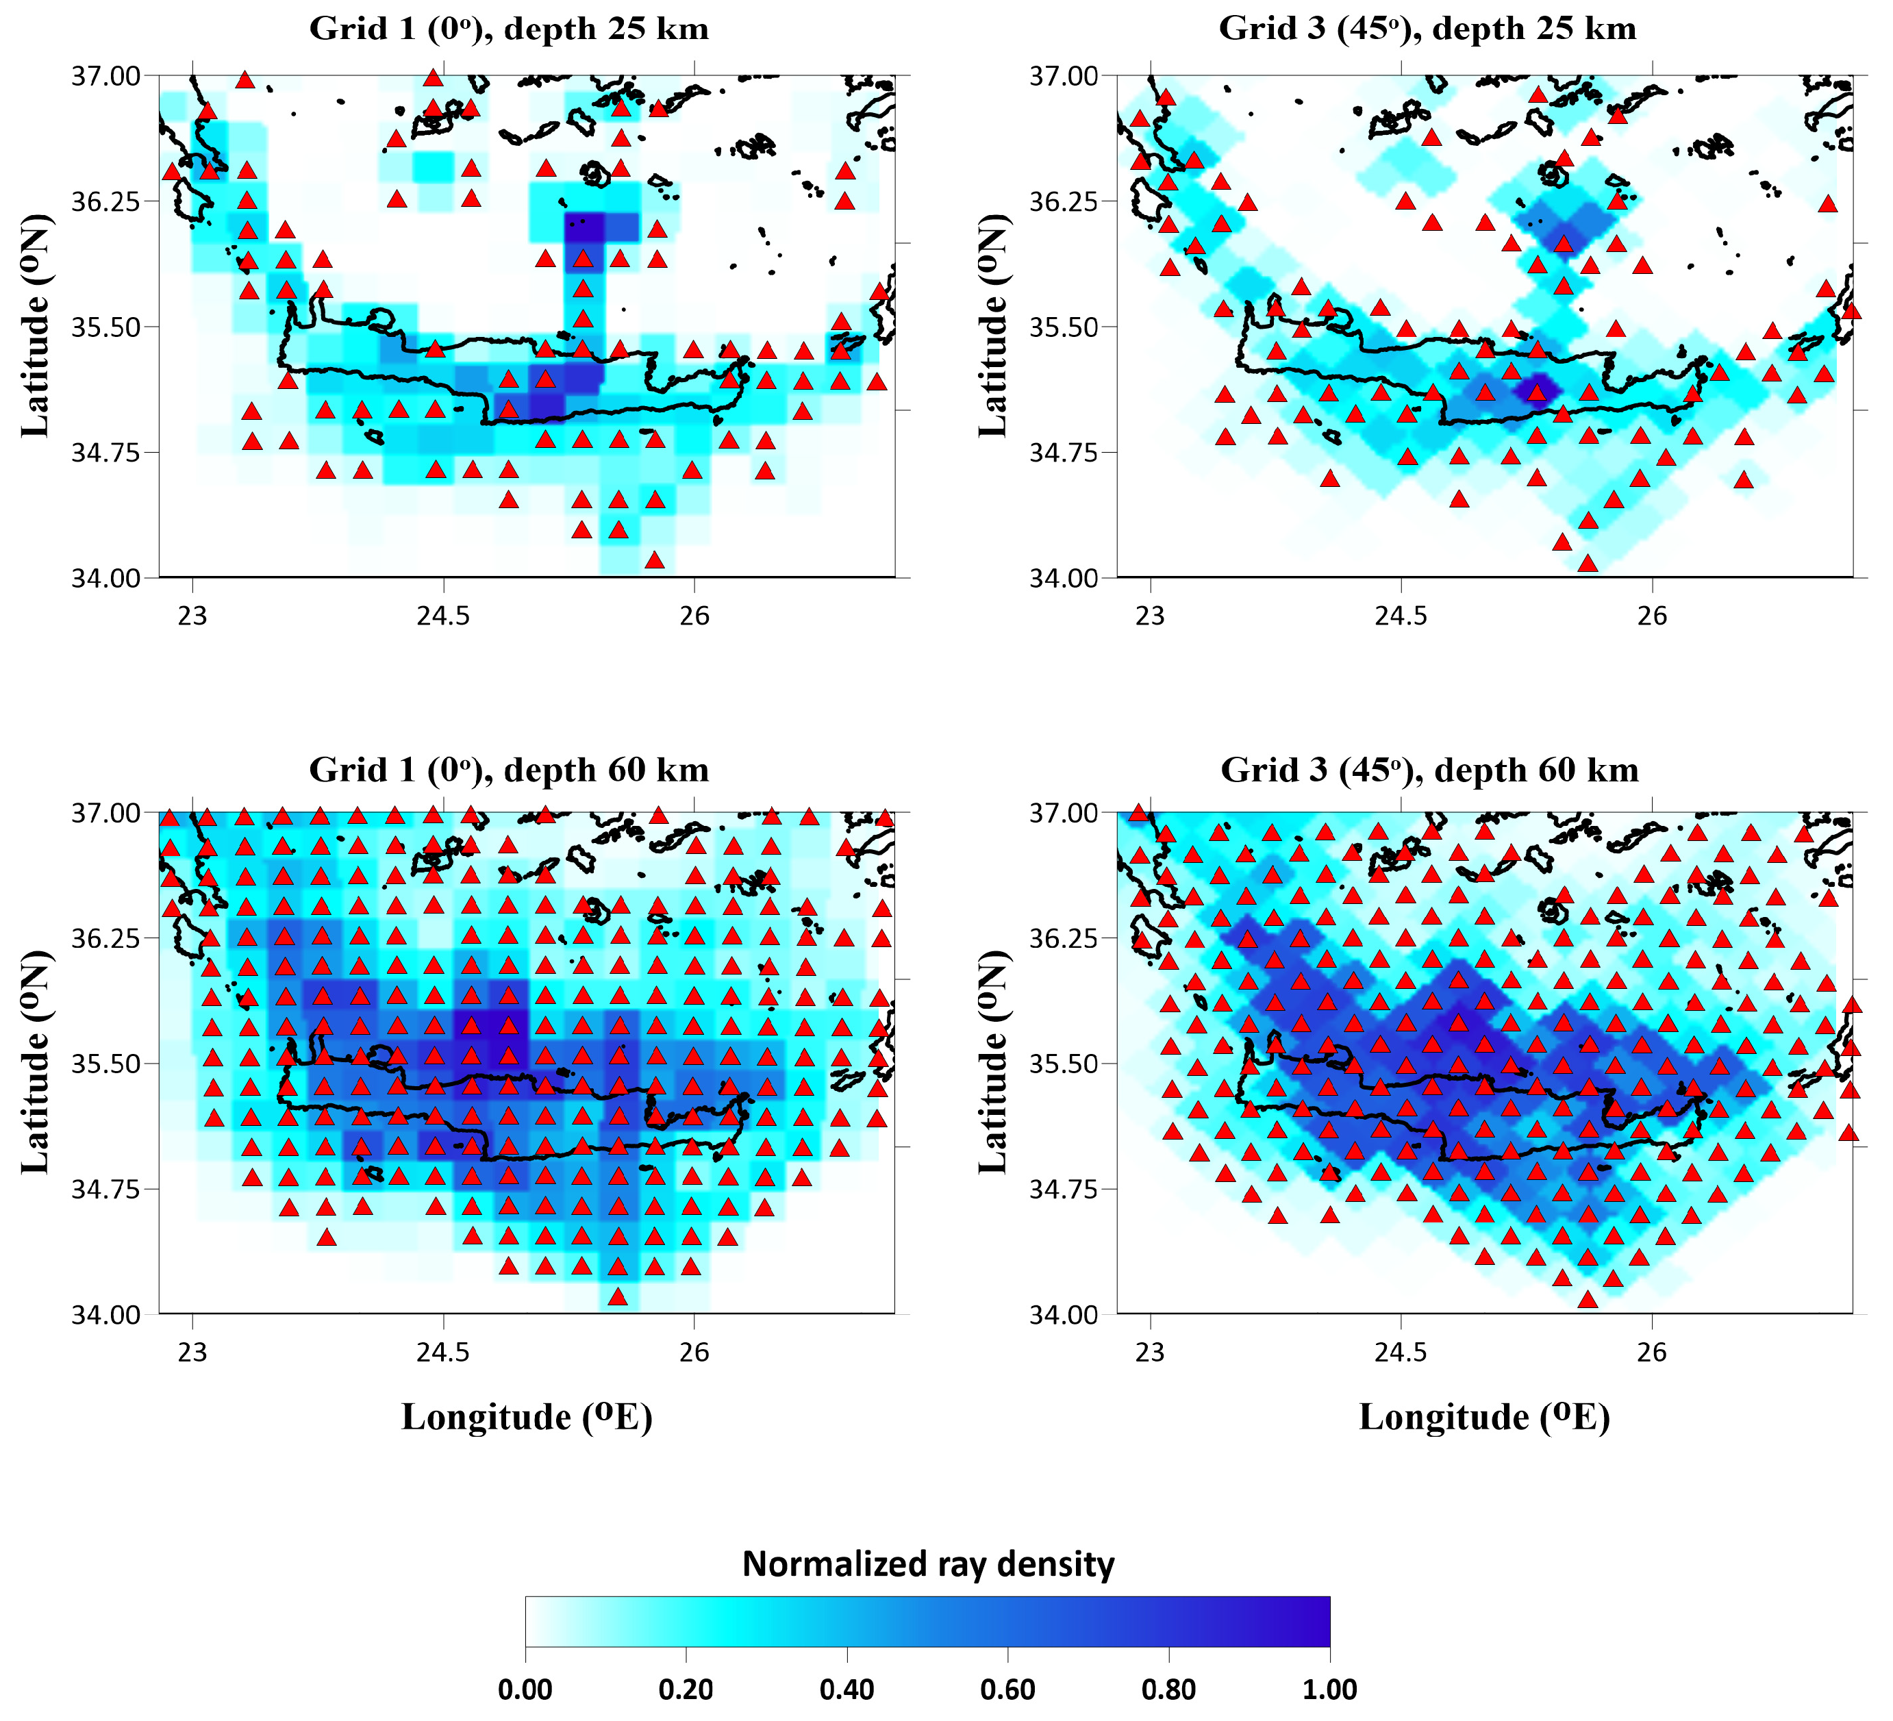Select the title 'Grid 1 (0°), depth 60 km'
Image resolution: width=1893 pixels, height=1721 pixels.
point(509,770)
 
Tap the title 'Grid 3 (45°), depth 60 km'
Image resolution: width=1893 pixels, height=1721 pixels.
point(1429,770)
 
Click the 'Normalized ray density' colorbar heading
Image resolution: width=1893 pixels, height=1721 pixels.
point(928,1564)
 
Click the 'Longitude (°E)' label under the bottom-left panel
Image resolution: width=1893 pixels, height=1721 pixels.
point(527,1417)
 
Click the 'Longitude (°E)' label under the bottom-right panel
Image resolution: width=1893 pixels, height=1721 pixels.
point(1485,1417)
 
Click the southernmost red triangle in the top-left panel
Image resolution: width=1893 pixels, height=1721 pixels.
point(655,560)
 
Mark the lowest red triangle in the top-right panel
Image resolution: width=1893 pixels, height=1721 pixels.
point(1588,564)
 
